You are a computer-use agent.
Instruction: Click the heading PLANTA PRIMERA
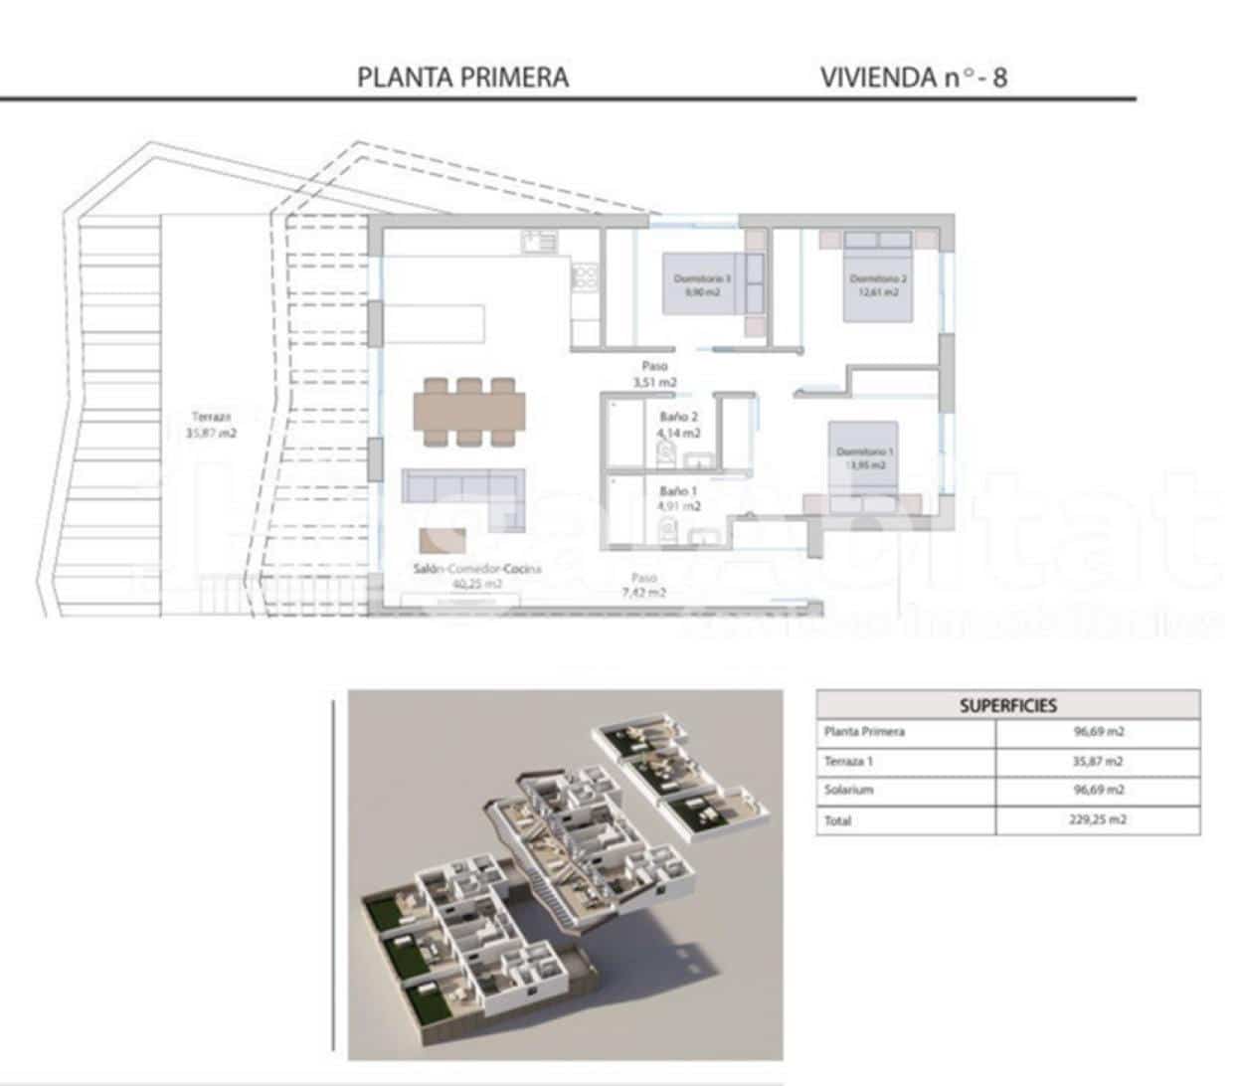point(462,78)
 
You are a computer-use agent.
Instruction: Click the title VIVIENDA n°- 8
point(913,78)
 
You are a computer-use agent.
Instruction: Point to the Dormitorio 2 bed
point(877,283)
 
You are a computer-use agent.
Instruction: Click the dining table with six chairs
point(469,411)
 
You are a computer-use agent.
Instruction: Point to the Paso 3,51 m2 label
point(654,374)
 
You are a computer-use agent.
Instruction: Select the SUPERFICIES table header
point(1007,705)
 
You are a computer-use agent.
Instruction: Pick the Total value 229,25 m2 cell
point(1098,820)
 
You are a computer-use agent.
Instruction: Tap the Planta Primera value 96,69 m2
point(1098,732)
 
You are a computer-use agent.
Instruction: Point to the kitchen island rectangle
point(438,324)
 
